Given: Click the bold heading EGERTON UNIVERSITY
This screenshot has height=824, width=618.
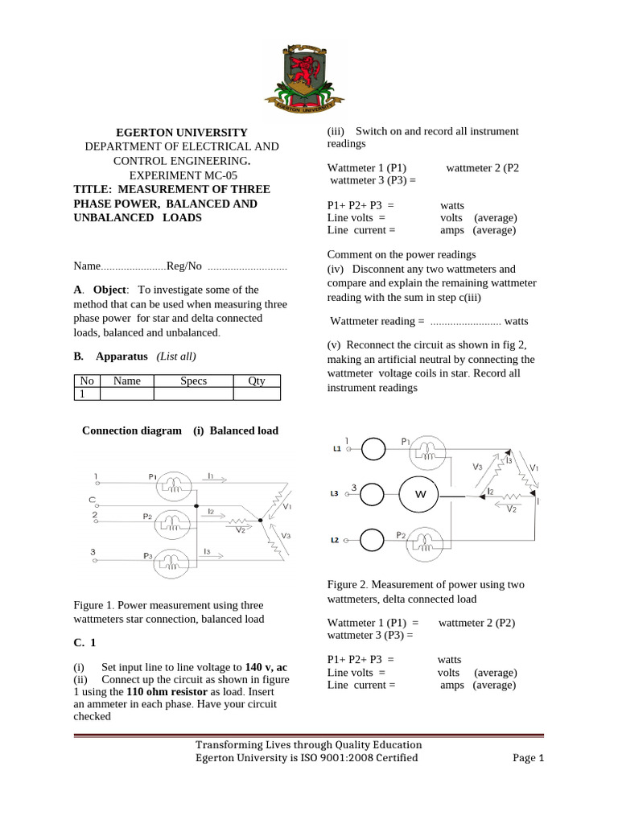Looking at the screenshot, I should tap(182, 132).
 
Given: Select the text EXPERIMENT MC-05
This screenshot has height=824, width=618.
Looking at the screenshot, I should tap(182, 175).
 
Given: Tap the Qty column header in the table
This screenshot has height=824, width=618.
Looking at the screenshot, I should tap(256, 381).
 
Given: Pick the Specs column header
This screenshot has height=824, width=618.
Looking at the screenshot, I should tap(193, 381).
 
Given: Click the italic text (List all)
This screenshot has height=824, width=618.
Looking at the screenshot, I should tap(176, 356).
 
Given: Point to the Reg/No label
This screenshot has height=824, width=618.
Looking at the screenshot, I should tap(186, 266).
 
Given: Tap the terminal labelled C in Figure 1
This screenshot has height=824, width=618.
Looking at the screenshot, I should tap(93, 501).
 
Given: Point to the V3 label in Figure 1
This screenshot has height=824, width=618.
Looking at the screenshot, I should tap(286, 535).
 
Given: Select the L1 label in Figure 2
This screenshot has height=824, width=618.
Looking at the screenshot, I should tap(337, 447).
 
